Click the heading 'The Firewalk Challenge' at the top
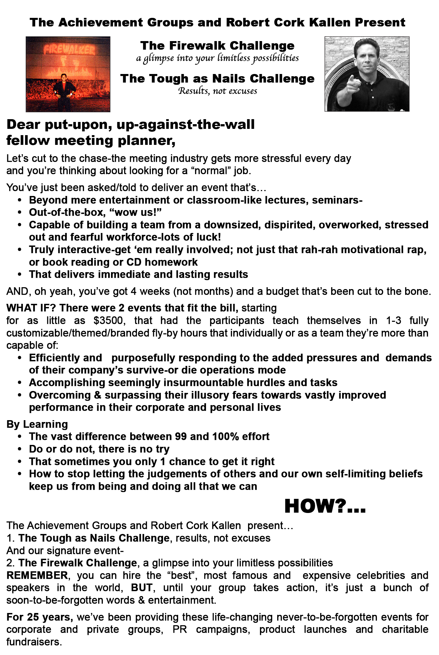[x=217, y=46]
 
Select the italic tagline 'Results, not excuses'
[x=217, y=91]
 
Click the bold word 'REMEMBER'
[x=37, y=575]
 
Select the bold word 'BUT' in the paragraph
[x=142, y=588]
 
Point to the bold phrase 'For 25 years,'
[x=40, y=617]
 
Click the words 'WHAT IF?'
[x=31, y=308]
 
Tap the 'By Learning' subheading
[x=37, y=424]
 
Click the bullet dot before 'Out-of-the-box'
[x=20, y=213]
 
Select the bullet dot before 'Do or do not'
[x=20, y=449]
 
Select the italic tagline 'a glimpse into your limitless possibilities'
[x=217, y=58]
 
